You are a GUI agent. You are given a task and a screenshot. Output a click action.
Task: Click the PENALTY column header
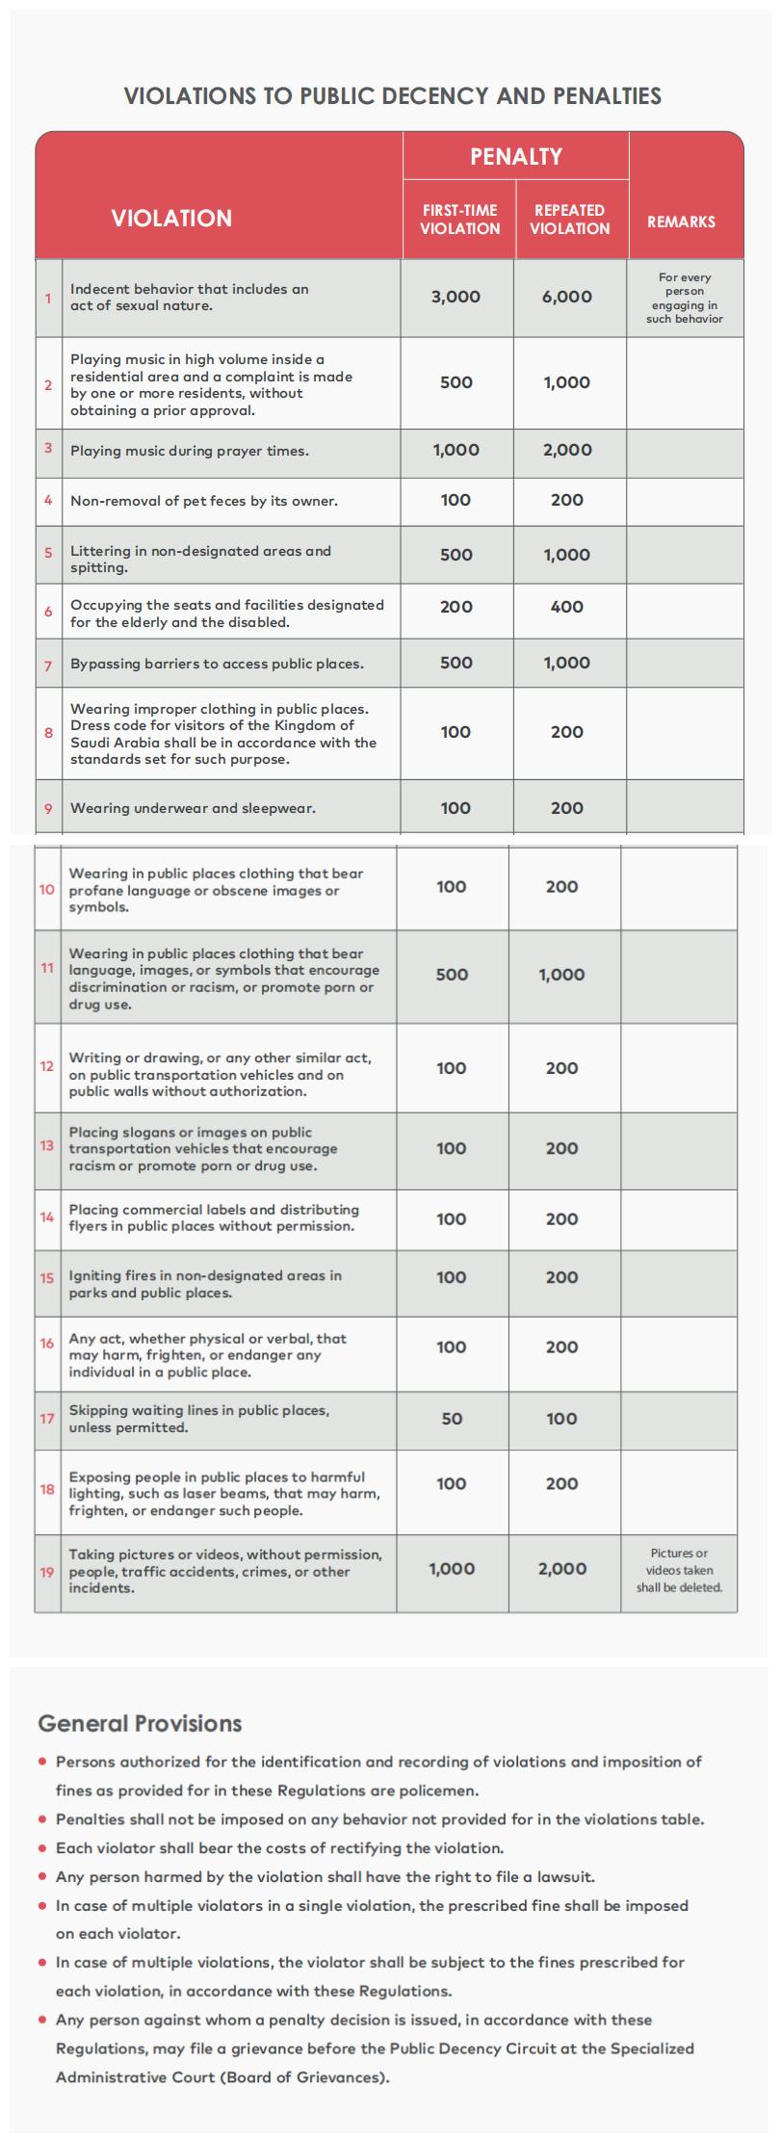pos(515,156)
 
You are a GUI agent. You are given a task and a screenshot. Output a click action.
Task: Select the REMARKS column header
pos(681,222)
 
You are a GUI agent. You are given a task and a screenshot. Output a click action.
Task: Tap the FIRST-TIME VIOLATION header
pos(459,220)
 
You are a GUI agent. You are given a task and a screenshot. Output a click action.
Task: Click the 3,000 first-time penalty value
pos(456,297)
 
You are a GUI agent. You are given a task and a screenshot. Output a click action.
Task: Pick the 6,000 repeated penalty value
pos(567,297)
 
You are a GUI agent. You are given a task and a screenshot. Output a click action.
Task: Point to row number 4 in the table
pos(48,500)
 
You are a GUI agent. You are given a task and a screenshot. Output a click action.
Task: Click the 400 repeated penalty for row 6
pos(567,607)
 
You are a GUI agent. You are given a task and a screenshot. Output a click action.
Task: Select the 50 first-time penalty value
pos(452,1419)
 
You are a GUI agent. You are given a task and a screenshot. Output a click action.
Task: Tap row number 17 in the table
pos(47,1419)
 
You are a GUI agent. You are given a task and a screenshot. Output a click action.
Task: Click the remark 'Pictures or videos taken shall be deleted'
pos(679,1570)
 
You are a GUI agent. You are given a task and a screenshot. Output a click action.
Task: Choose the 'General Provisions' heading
pos(140,1723)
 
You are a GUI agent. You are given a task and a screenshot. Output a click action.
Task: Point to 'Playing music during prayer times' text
pos(189,451)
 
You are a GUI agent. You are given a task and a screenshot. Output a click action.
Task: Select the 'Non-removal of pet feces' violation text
pos(203,501)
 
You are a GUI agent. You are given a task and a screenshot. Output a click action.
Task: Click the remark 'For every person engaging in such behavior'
pos(684,298)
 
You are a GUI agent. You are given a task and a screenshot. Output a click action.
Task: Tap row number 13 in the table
pos(47,1146)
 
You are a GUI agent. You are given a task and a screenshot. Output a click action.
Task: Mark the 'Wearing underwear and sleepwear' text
pos(193,808)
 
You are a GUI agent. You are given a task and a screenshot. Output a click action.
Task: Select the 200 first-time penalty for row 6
pos(456,607)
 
